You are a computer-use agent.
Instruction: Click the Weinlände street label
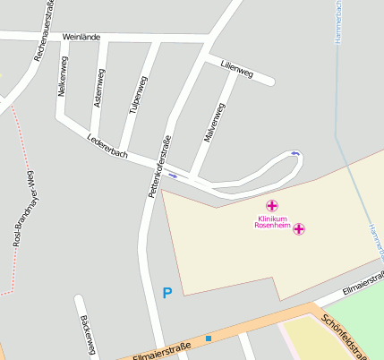pos(81,38)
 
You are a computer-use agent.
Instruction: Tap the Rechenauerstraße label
pos(45,30)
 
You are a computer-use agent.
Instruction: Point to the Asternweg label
pos(98,88)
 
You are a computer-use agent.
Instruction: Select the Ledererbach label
pos(107,148)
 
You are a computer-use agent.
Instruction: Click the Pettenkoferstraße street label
pos(157,167)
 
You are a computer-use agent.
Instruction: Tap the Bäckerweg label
pos(87,334)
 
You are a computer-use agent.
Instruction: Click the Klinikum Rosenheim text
pos(272,222)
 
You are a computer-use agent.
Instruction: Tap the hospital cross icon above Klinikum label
pos(272,206)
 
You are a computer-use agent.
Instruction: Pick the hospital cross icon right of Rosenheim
pos(300,228)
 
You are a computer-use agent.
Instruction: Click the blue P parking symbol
pos(166,292)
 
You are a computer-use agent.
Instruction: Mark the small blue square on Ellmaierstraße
pos(209,339)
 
